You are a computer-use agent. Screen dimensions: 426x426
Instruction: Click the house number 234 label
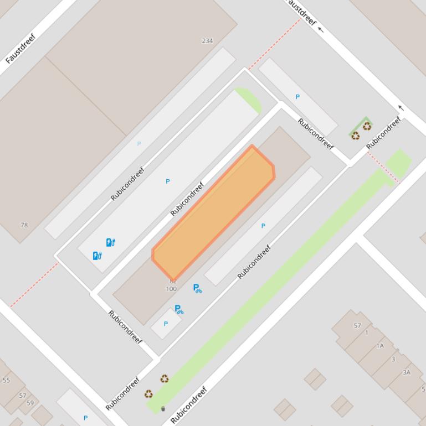pyautogui.click(x=207, y=41)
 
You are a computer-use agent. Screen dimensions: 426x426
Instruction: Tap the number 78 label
pyautogui.click(x=24, y=225)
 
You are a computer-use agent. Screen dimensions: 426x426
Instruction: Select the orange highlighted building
pyautogui.click(x=213, y=213)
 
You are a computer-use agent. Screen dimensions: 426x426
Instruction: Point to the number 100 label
pyautogui.click(x=171, y=289)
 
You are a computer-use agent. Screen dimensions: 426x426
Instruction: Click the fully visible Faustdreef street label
pyautogui.click(x=20, y=49)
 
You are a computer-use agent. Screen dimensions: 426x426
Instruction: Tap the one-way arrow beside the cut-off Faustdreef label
pyautogui.click(x=320, y=30)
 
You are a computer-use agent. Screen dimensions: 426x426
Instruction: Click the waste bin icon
pyautogui.click(x=163, y=409)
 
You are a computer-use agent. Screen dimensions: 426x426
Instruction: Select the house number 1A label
pyautogui.click(x=380, y=346)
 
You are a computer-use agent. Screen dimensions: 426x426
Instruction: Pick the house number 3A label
pyautogui.click(x=407, y=372)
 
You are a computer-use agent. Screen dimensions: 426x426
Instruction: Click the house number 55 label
pyautogui.click(x=7, y=380)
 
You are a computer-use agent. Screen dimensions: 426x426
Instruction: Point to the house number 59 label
pyautogui.click(x=30, y=403)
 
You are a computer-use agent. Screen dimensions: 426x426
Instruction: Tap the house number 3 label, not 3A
pyautogui.click(x=393, y=359)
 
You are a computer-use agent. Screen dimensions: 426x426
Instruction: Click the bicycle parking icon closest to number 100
pyautogui.click(x=197, y=288)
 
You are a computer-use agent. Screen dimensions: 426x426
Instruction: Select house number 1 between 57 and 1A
pyautogui.click(x=367, y=333)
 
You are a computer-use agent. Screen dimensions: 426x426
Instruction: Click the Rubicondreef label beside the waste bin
pyautogui.click(x=188, y=406)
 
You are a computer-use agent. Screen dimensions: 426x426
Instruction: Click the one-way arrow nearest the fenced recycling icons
pyautogui.click(x=401, y=108)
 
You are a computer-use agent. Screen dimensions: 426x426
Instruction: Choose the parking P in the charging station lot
pyautogui.click(x=168, y=181)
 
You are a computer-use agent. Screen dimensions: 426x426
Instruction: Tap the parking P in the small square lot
pyautogui.click(x=166, y=324)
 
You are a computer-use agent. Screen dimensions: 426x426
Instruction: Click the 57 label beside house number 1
pyautogui.click(x=357, y=326)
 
